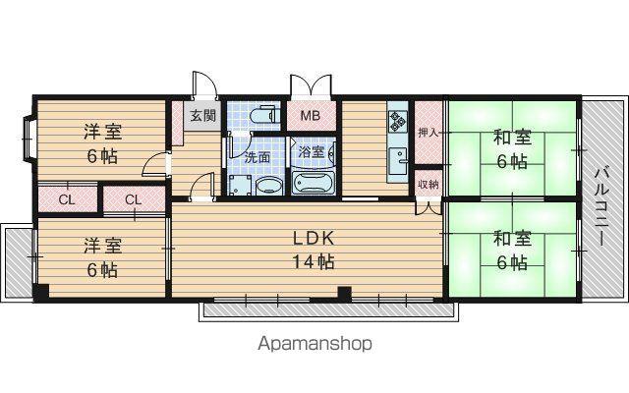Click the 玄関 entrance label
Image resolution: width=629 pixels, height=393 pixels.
tap(203, 116)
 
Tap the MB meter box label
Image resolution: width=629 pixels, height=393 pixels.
tap(311, 116)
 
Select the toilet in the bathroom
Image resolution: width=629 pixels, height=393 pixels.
tap(264, 115)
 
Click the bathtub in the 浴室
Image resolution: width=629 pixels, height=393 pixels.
tap(314, 184)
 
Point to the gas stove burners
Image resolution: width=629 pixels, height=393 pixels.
tap(397, 121)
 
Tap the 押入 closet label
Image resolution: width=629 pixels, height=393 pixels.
tap(429, 132)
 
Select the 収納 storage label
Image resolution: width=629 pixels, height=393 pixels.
tap(429, 185)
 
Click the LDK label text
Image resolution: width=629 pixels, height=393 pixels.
tap(314, 239)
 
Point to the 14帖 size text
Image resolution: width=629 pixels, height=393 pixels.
tap(314, 262)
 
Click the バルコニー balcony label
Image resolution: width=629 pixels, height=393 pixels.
tap(602, 207)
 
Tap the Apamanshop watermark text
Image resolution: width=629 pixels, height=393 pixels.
tap(314, 344)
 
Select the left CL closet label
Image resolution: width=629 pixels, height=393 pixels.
tap(67, 199)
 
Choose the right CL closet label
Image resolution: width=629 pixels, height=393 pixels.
tap(134, 199)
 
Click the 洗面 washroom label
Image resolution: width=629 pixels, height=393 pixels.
tap(257, 157)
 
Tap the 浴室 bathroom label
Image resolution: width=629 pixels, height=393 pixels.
tap(312, 152)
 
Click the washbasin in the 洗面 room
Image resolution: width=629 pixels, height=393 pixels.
tap(269, 186)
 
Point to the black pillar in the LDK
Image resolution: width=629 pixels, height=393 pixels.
tap(345, 293)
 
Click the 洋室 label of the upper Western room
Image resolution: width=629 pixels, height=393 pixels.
tap(103, 132)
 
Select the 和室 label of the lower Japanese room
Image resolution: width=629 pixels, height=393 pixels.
tap(513, 239)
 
